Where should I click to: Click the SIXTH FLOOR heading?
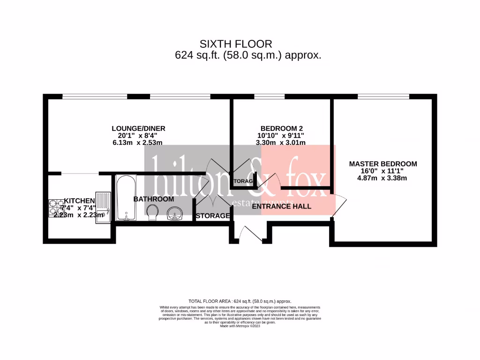coord(236,44)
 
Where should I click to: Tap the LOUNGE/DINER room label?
coord(138,128)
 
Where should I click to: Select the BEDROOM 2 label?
coord(280,128)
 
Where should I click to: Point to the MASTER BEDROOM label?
coord(383,164)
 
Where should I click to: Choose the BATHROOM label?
coord(154,199)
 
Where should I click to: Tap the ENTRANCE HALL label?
coord(281,206)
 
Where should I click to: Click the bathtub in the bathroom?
coord(126,198)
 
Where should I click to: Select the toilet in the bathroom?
coord(152,212)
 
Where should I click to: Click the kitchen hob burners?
coord(56,208)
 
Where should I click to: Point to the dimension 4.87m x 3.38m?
coord(383,178)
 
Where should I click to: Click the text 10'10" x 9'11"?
coord(280,135)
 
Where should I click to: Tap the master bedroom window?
coord(383,97)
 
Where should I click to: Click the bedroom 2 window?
coord(270,97)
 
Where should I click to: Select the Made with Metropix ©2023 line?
coord(240,326)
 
